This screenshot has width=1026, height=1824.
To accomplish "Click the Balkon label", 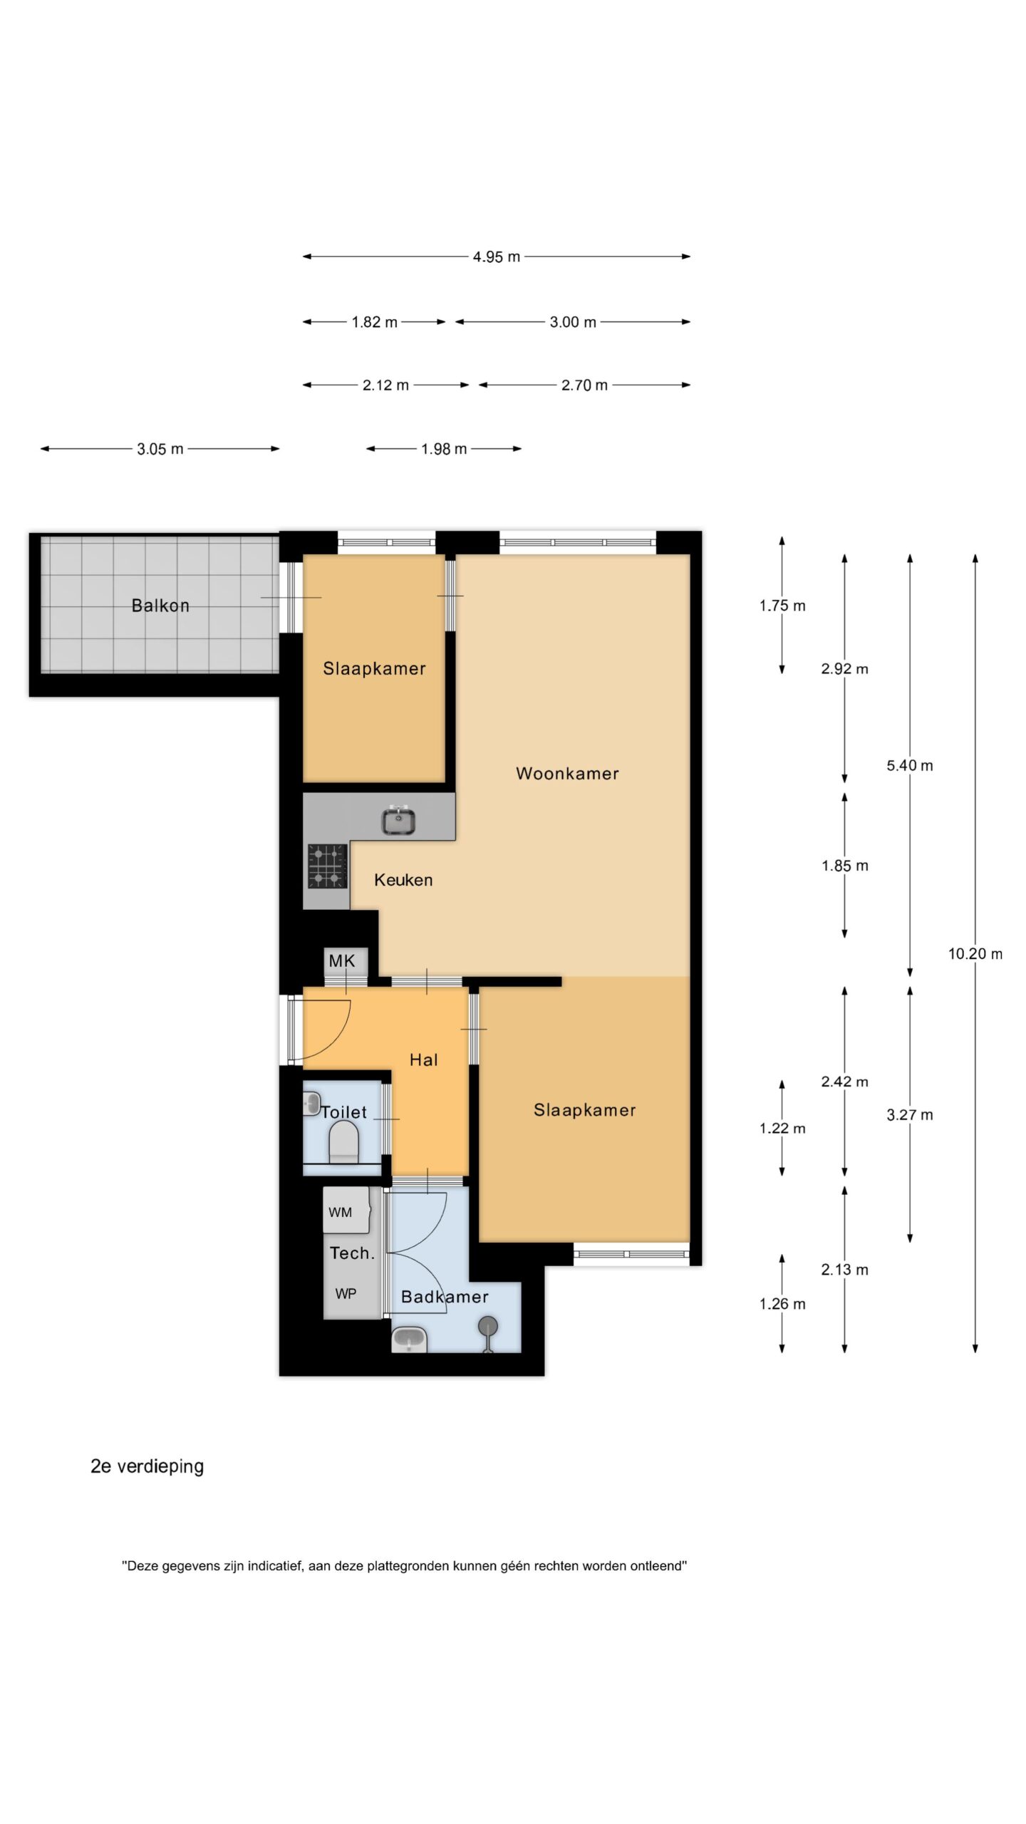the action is point(160,606).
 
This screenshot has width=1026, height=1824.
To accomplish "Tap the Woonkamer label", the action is point(567,773).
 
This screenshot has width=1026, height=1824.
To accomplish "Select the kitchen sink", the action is point(399,820).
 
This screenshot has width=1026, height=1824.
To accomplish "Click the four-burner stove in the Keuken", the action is point(327,866).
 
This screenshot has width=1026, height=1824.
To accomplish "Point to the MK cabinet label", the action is point(342,960).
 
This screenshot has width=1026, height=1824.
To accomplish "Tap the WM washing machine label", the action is point(341,1212).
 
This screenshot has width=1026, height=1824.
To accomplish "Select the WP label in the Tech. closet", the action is point(346,1293).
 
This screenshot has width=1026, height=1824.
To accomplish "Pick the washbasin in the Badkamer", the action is point(409,1339).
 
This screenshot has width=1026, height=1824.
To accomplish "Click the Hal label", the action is point(423,1059).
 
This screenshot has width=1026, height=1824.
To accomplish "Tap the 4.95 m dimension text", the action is point(497,256).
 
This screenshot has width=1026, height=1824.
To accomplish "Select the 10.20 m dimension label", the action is point(975,953).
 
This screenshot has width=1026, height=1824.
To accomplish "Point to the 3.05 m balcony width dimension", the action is point(160,449).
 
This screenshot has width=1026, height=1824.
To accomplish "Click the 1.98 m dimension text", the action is point(444,449).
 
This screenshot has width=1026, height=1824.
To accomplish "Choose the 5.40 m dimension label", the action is point(910,765).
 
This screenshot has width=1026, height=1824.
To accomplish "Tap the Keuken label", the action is point(403,880).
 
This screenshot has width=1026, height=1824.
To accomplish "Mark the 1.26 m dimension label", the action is point(782,1304).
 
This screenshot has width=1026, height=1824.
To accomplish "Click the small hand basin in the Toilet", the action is point(311,1104).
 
